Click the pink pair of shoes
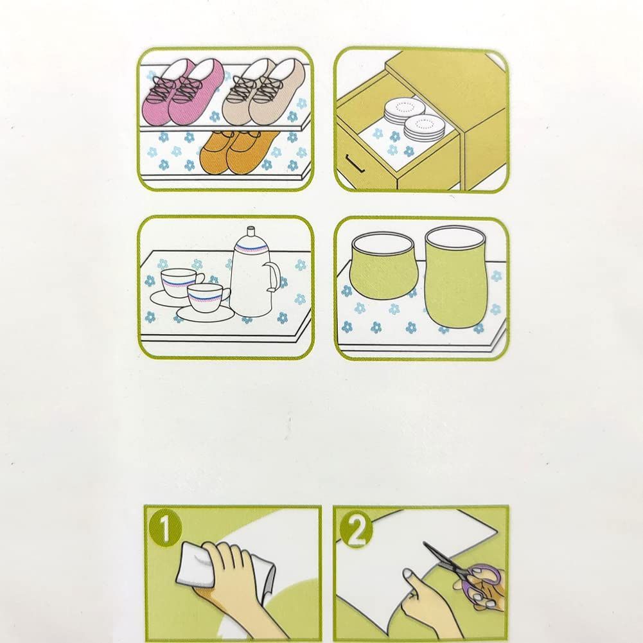click(x=183, y=92)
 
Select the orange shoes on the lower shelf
click(x=236, y=152)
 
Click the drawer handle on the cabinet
click(x=355, y=163)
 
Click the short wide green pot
click(x=383, y=265)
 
